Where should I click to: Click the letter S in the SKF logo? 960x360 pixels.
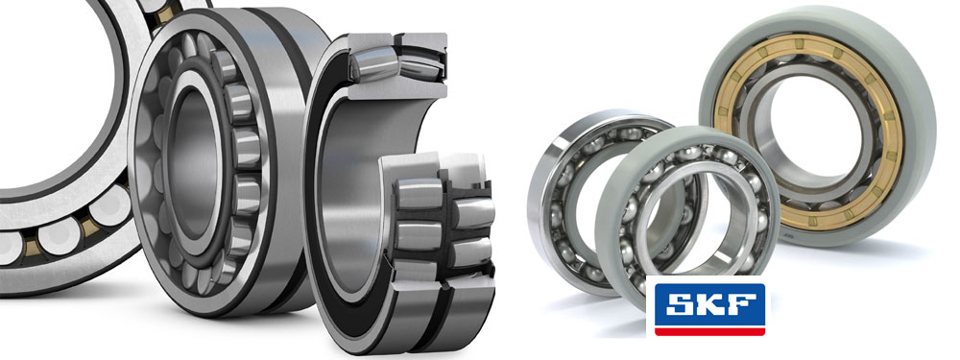(681, 303)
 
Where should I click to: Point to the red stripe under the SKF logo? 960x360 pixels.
(709, 331)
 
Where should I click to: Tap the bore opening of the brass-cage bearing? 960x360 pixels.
(808, 130)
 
